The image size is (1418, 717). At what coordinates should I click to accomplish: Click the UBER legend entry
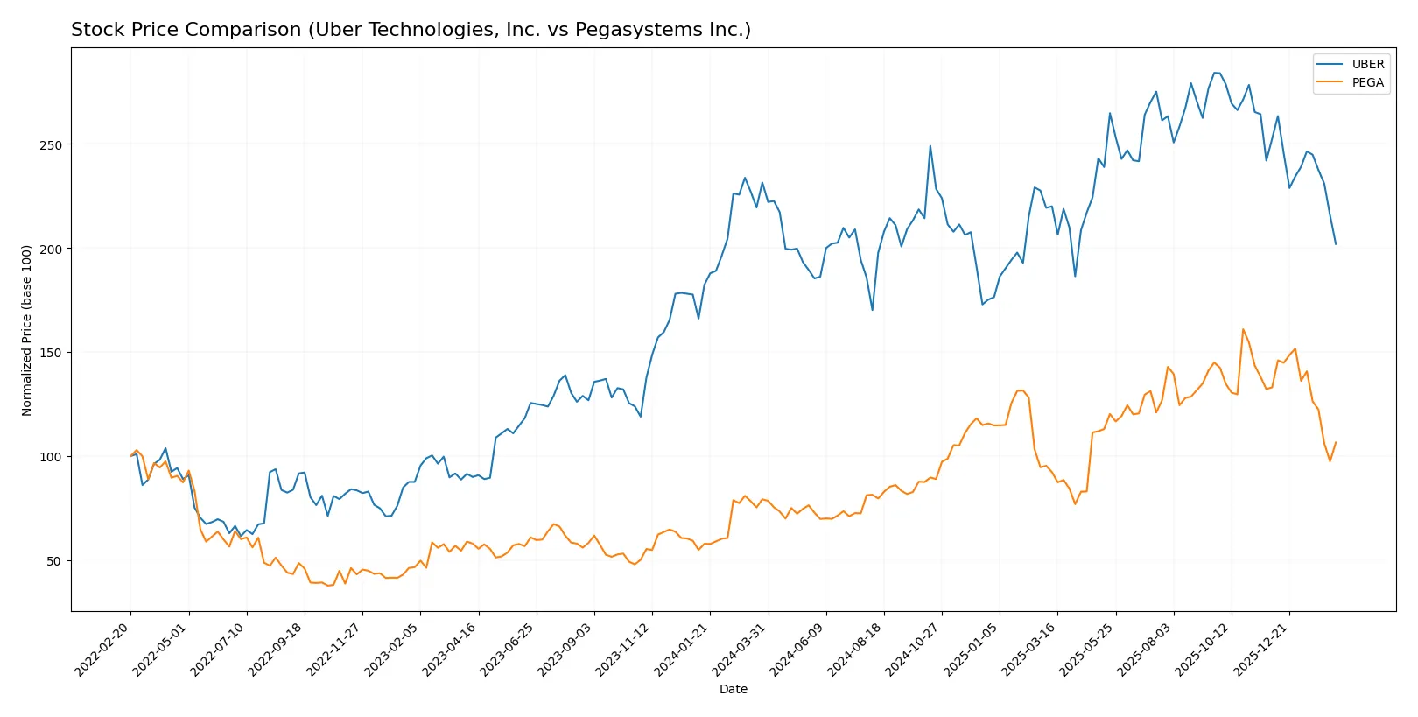click(1367, 64)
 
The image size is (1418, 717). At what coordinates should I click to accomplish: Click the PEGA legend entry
click(1367, 82)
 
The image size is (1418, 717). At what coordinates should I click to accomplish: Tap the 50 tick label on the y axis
click(54, 561)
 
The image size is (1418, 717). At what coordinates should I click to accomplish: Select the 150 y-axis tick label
click(51, 353)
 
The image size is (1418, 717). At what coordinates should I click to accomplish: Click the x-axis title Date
click(733, 690)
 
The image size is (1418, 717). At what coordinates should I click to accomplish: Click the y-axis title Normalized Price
click(27, 330)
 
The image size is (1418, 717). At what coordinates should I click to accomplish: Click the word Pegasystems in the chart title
click(614, 30)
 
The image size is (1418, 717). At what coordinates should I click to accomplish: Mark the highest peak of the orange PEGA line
click(1243, 329)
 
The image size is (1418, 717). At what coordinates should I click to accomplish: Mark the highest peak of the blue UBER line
click(1217, 73)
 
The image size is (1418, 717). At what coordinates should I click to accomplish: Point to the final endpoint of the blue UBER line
click(1336, 244)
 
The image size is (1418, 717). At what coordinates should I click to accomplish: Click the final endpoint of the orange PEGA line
click(1336, 442)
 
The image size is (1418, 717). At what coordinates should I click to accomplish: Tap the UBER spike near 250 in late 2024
click(930, 146)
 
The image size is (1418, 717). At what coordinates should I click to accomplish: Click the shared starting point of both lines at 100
click(130, 456)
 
